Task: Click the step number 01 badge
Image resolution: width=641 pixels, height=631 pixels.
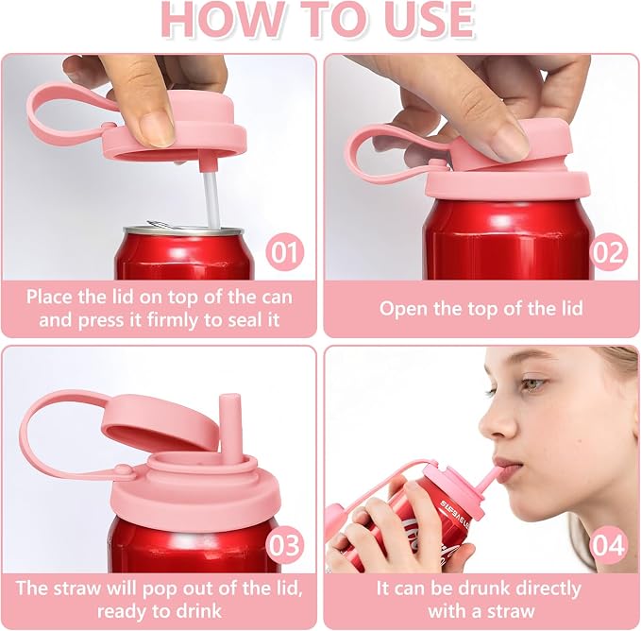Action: click(284, 252)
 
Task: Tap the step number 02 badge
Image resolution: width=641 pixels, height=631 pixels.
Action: click(608, 252)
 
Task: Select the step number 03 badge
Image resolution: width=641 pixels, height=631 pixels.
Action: click(284, 545)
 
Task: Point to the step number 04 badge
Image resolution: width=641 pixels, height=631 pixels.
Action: click(608, 545)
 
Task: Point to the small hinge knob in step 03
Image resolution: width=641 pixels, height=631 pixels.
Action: click(124, 470)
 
